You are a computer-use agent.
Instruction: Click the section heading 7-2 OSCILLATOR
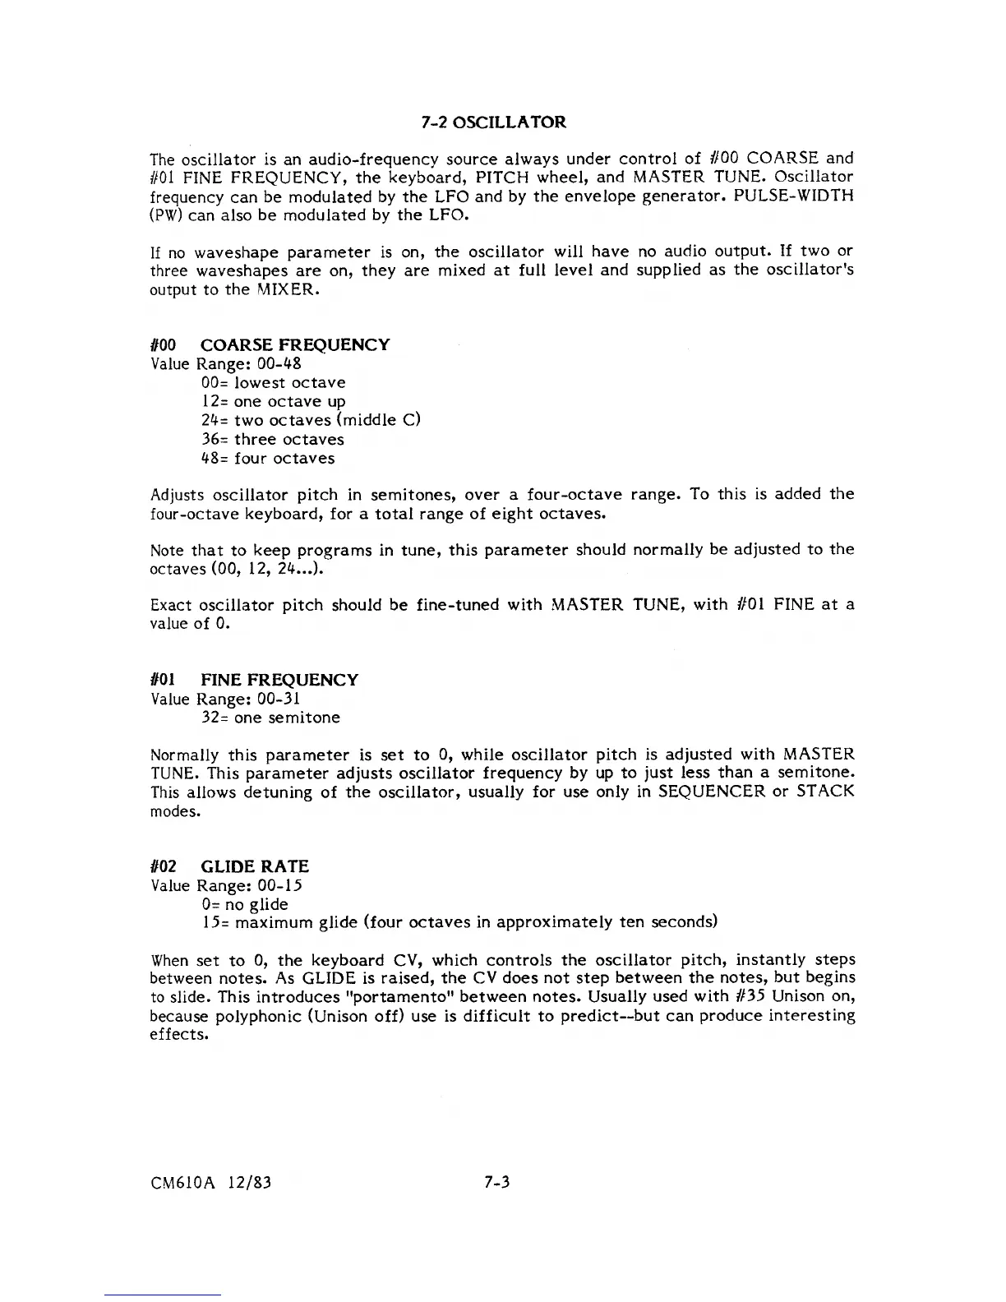click(x=493, y=122)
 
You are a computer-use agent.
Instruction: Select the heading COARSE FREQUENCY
click(x=295, y=344)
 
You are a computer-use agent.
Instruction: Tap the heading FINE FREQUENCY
click(x=279, y=680)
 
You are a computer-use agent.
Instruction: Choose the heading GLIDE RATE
click(x=255, y=866)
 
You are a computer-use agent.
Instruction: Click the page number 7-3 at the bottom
click(x=497, y=1183)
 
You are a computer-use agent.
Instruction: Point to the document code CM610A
click(x=179, y=1183)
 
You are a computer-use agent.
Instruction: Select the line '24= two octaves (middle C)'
click(x=311, y=420)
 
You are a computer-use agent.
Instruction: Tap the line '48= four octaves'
click(x=268, y=458)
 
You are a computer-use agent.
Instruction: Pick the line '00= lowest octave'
click(x=273, y=382)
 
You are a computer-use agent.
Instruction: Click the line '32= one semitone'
click(x=270, y=718)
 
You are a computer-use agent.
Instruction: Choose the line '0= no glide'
click(x=245, y=904)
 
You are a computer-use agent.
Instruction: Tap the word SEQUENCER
click(x=712, y=792)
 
